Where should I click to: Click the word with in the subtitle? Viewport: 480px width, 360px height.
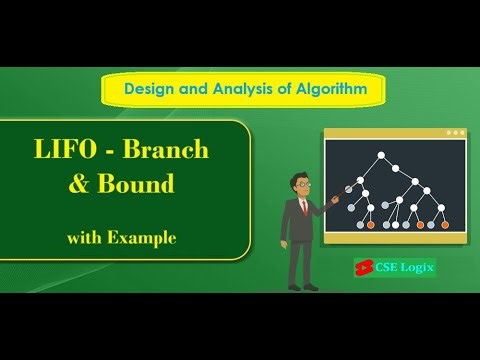(84, 238)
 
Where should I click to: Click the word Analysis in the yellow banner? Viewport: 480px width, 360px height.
(244, 89)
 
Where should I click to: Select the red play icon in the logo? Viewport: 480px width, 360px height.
(362, 268)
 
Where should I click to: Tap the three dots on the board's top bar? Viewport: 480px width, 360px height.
(455, 132)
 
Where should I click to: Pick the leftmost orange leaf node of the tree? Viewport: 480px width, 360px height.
(371, 224)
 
